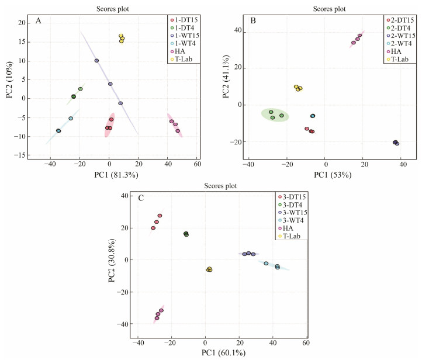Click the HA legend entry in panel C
tap(288, 228)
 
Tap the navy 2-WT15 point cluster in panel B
tap(396, 143)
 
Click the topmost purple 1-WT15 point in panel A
tap(96, 60)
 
